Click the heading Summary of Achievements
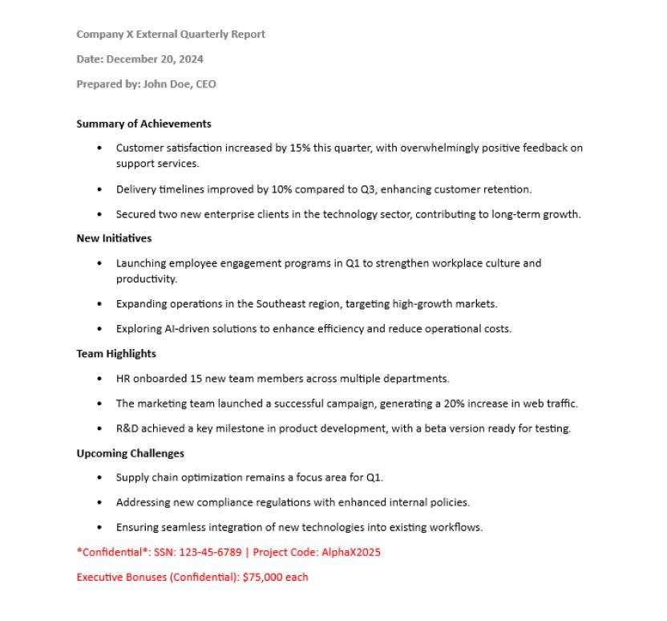coord(144,124)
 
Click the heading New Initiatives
coord(114,238)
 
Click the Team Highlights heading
coord(116,353)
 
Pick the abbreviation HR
coord(123,378)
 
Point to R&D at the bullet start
coord(128,428)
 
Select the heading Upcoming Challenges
coord(130,453)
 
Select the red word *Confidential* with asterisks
coord(111,552)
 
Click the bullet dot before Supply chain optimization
coord(99,478)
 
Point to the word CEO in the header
coord(206,83)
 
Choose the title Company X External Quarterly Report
coord(171,34)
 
